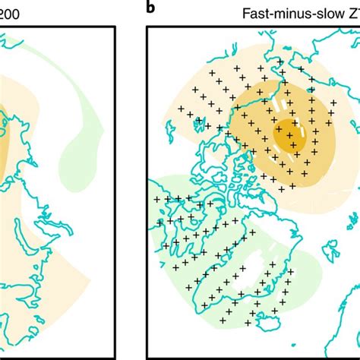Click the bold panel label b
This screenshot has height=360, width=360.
(x=152, y=9)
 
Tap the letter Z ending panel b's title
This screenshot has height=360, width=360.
(x=352, y=13)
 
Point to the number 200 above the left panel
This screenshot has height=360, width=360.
(x=11, y=13)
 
